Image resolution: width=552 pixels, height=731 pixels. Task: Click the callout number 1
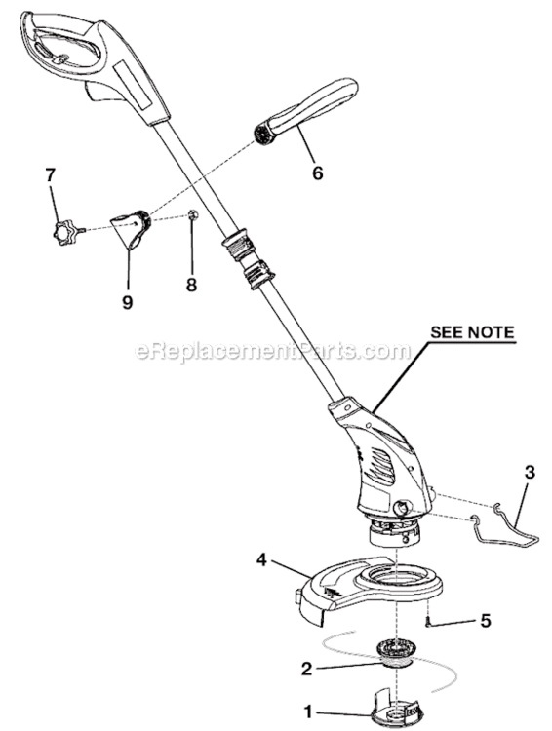click(308, 712)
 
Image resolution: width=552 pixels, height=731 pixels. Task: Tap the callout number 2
click(306, 669)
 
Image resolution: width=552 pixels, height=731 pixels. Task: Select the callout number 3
click(530, 473)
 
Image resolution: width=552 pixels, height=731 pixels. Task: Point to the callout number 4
click(261, 559)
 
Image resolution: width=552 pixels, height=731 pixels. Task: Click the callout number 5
click(486, 621)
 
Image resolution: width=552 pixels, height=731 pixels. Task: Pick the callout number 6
click(317, 173)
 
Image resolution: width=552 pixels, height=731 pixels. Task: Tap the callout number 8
click(191, 285)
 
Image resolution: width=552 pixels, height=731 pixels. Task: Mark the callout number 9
click(128, 302)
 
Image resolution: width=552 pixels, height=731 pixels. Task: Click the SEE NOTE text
click(472, 332)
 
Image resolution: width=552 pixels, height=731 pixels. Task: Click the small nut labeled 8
click(194, 214)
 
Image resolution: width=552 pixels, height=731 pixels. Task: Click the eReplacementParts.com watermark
click(273, 351)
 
